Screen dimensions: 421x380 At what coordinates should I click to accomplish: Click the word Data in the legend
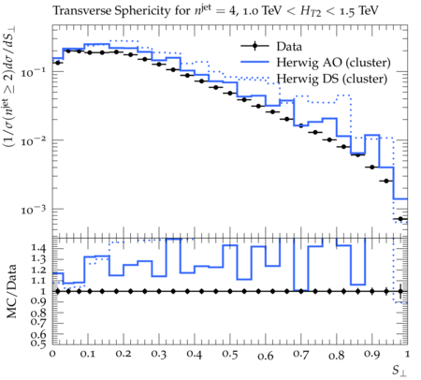289,47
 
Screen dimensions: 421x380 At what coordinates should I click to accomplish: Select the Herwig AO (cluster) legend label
333,63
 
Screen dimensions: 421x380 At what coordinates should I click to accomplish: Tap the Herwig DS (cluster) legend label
332,79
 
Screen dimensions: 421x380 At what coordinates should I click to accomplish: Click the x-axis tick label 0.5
230,355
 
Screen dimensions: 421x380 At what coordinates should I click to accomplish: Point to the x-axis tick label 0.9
372,355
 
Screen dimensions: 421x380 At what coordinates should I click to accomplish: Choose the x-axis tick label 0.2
123,354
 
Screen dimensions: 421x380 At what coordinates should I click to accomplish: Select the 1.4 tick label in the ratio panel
38,248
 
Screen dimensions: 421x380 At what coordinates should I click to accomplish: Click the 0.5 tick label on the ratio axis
38,343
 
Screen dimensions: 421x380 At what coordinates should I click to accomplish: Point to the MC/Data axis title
11,291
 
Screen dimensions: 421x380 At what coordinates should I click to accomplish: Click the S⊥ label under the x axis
399,371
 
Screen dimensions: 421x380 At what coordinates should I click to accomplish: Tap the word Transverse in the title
81,11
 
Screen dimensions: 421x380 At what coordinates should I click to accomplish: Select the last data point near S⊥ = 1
400,219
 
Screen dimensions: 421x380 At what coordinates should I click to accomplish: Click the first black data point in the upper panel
57,63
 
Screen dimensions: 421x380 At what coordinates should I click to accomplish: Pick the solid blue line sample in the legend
254,62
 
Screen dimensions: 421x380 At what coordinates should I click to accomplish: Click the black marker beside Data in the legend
254,46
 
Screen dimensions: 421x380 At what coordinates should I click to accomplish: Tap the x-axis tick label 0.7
301,355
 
